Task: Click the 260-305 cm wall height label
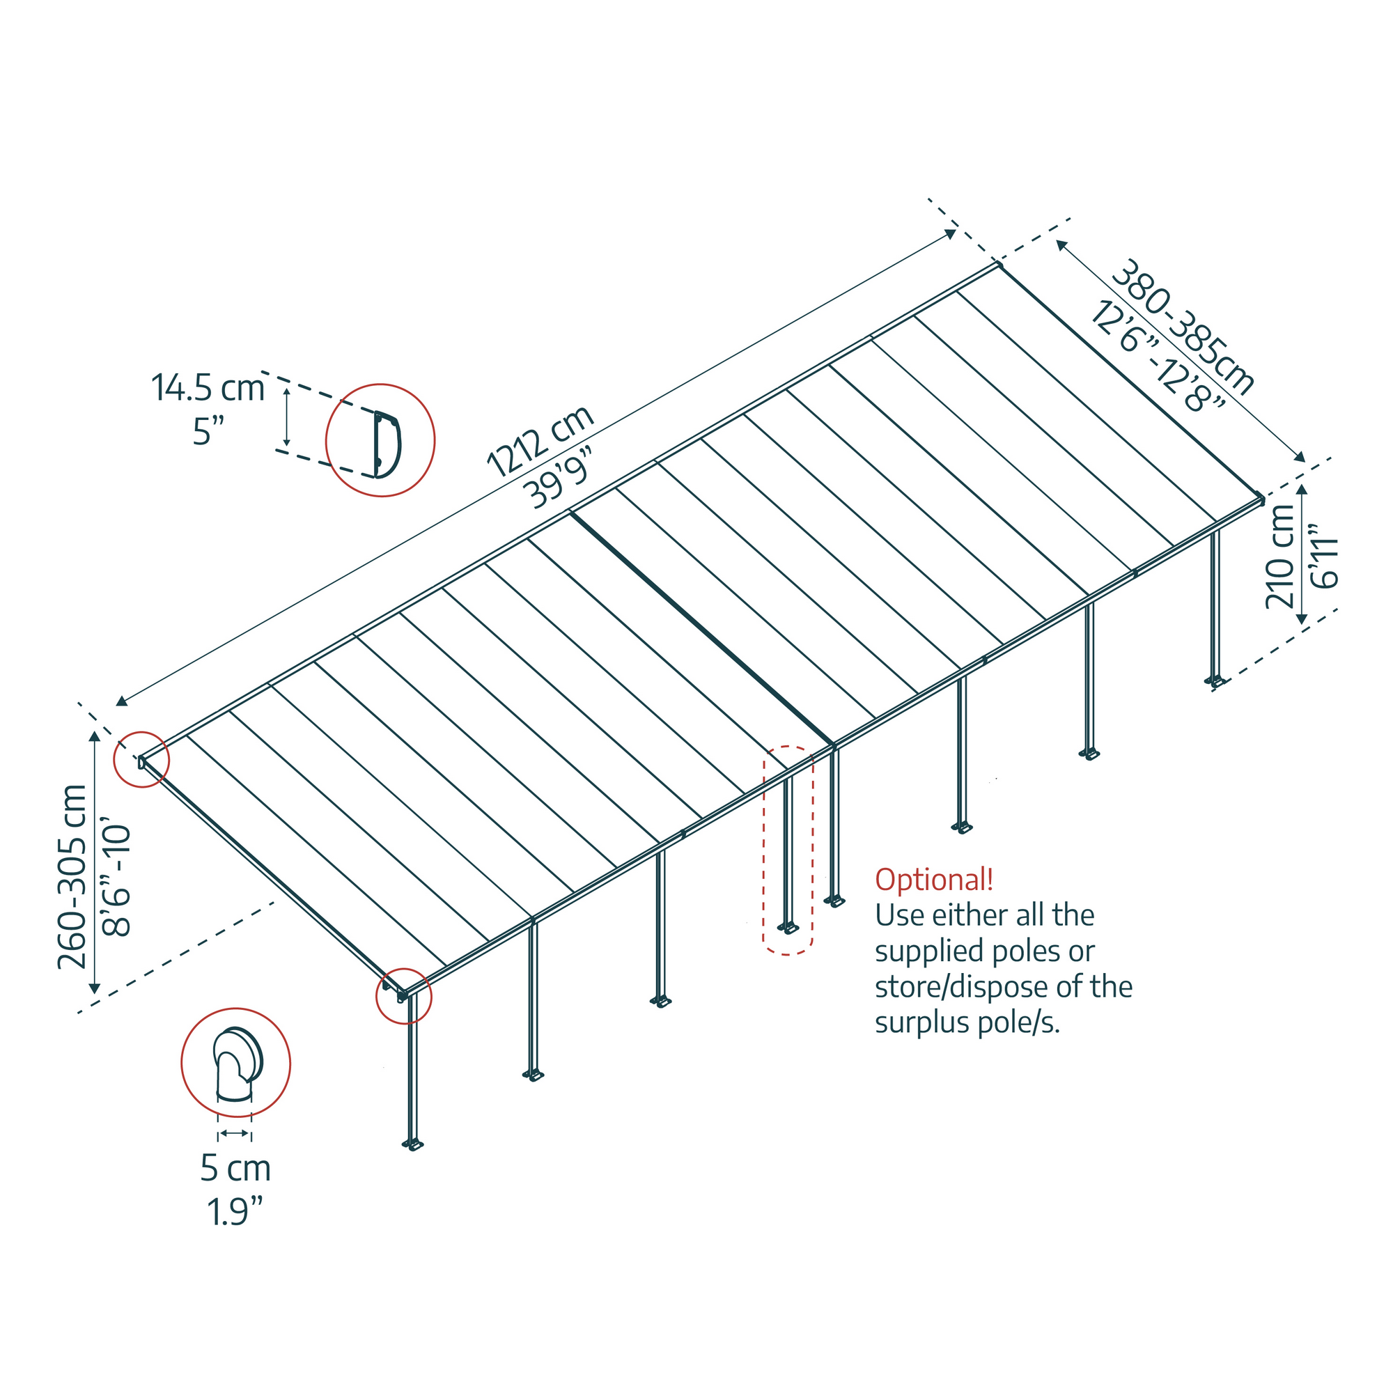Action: (73, 877)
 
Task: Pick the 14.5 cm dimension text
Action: (208, 388)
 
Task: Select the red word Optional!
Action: (934, 880)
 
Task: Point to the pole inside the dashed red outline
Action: (787, 851)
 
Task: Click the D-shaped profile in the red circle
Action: (387, 444)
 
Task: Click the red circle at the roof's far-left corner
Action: (142, 760)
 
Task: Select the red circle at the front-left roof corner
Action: (403, 997)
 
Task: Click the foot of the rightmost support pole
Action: (1215, 680)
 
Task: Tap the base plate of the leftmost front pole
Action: (412, 1144)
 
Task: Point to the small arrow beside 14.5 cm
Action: (287, 417)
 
